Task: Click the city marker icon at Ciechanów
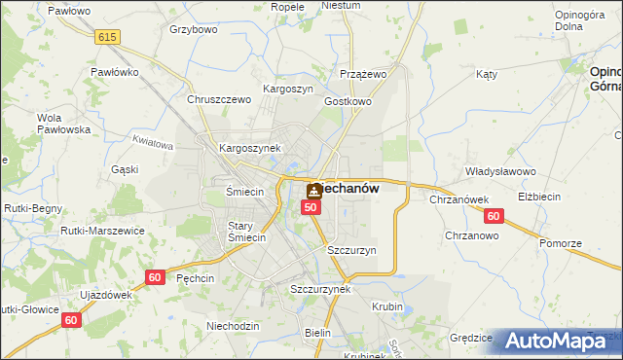coord(313,191)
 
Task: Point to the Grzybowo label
coord(192,29)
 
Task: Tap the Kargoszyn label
coord(287,89)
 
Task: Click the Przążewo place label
coord(364,74)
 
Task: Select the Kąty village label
coord(487,74)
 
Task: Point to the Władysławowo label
coord(501,171)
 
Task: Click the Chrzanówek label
coord(458,199)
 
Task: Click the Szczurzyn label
coord(351,250)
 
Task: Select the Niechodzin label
coord(234,326)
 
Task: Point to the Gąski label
coord(125,169)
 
